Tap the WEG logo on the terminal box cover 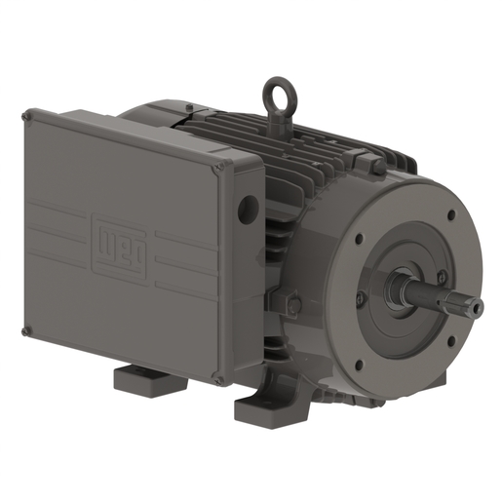point(110,236)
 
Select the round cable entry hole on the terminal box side point(249,207)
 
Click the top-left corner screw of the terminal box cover point(26,117)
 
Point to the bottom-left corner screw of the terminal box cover point(27,331)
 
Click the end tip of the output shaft point(478,308)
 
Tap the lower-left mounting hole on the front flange point(359,366)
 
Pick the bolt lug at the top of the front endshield point(377,166)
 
